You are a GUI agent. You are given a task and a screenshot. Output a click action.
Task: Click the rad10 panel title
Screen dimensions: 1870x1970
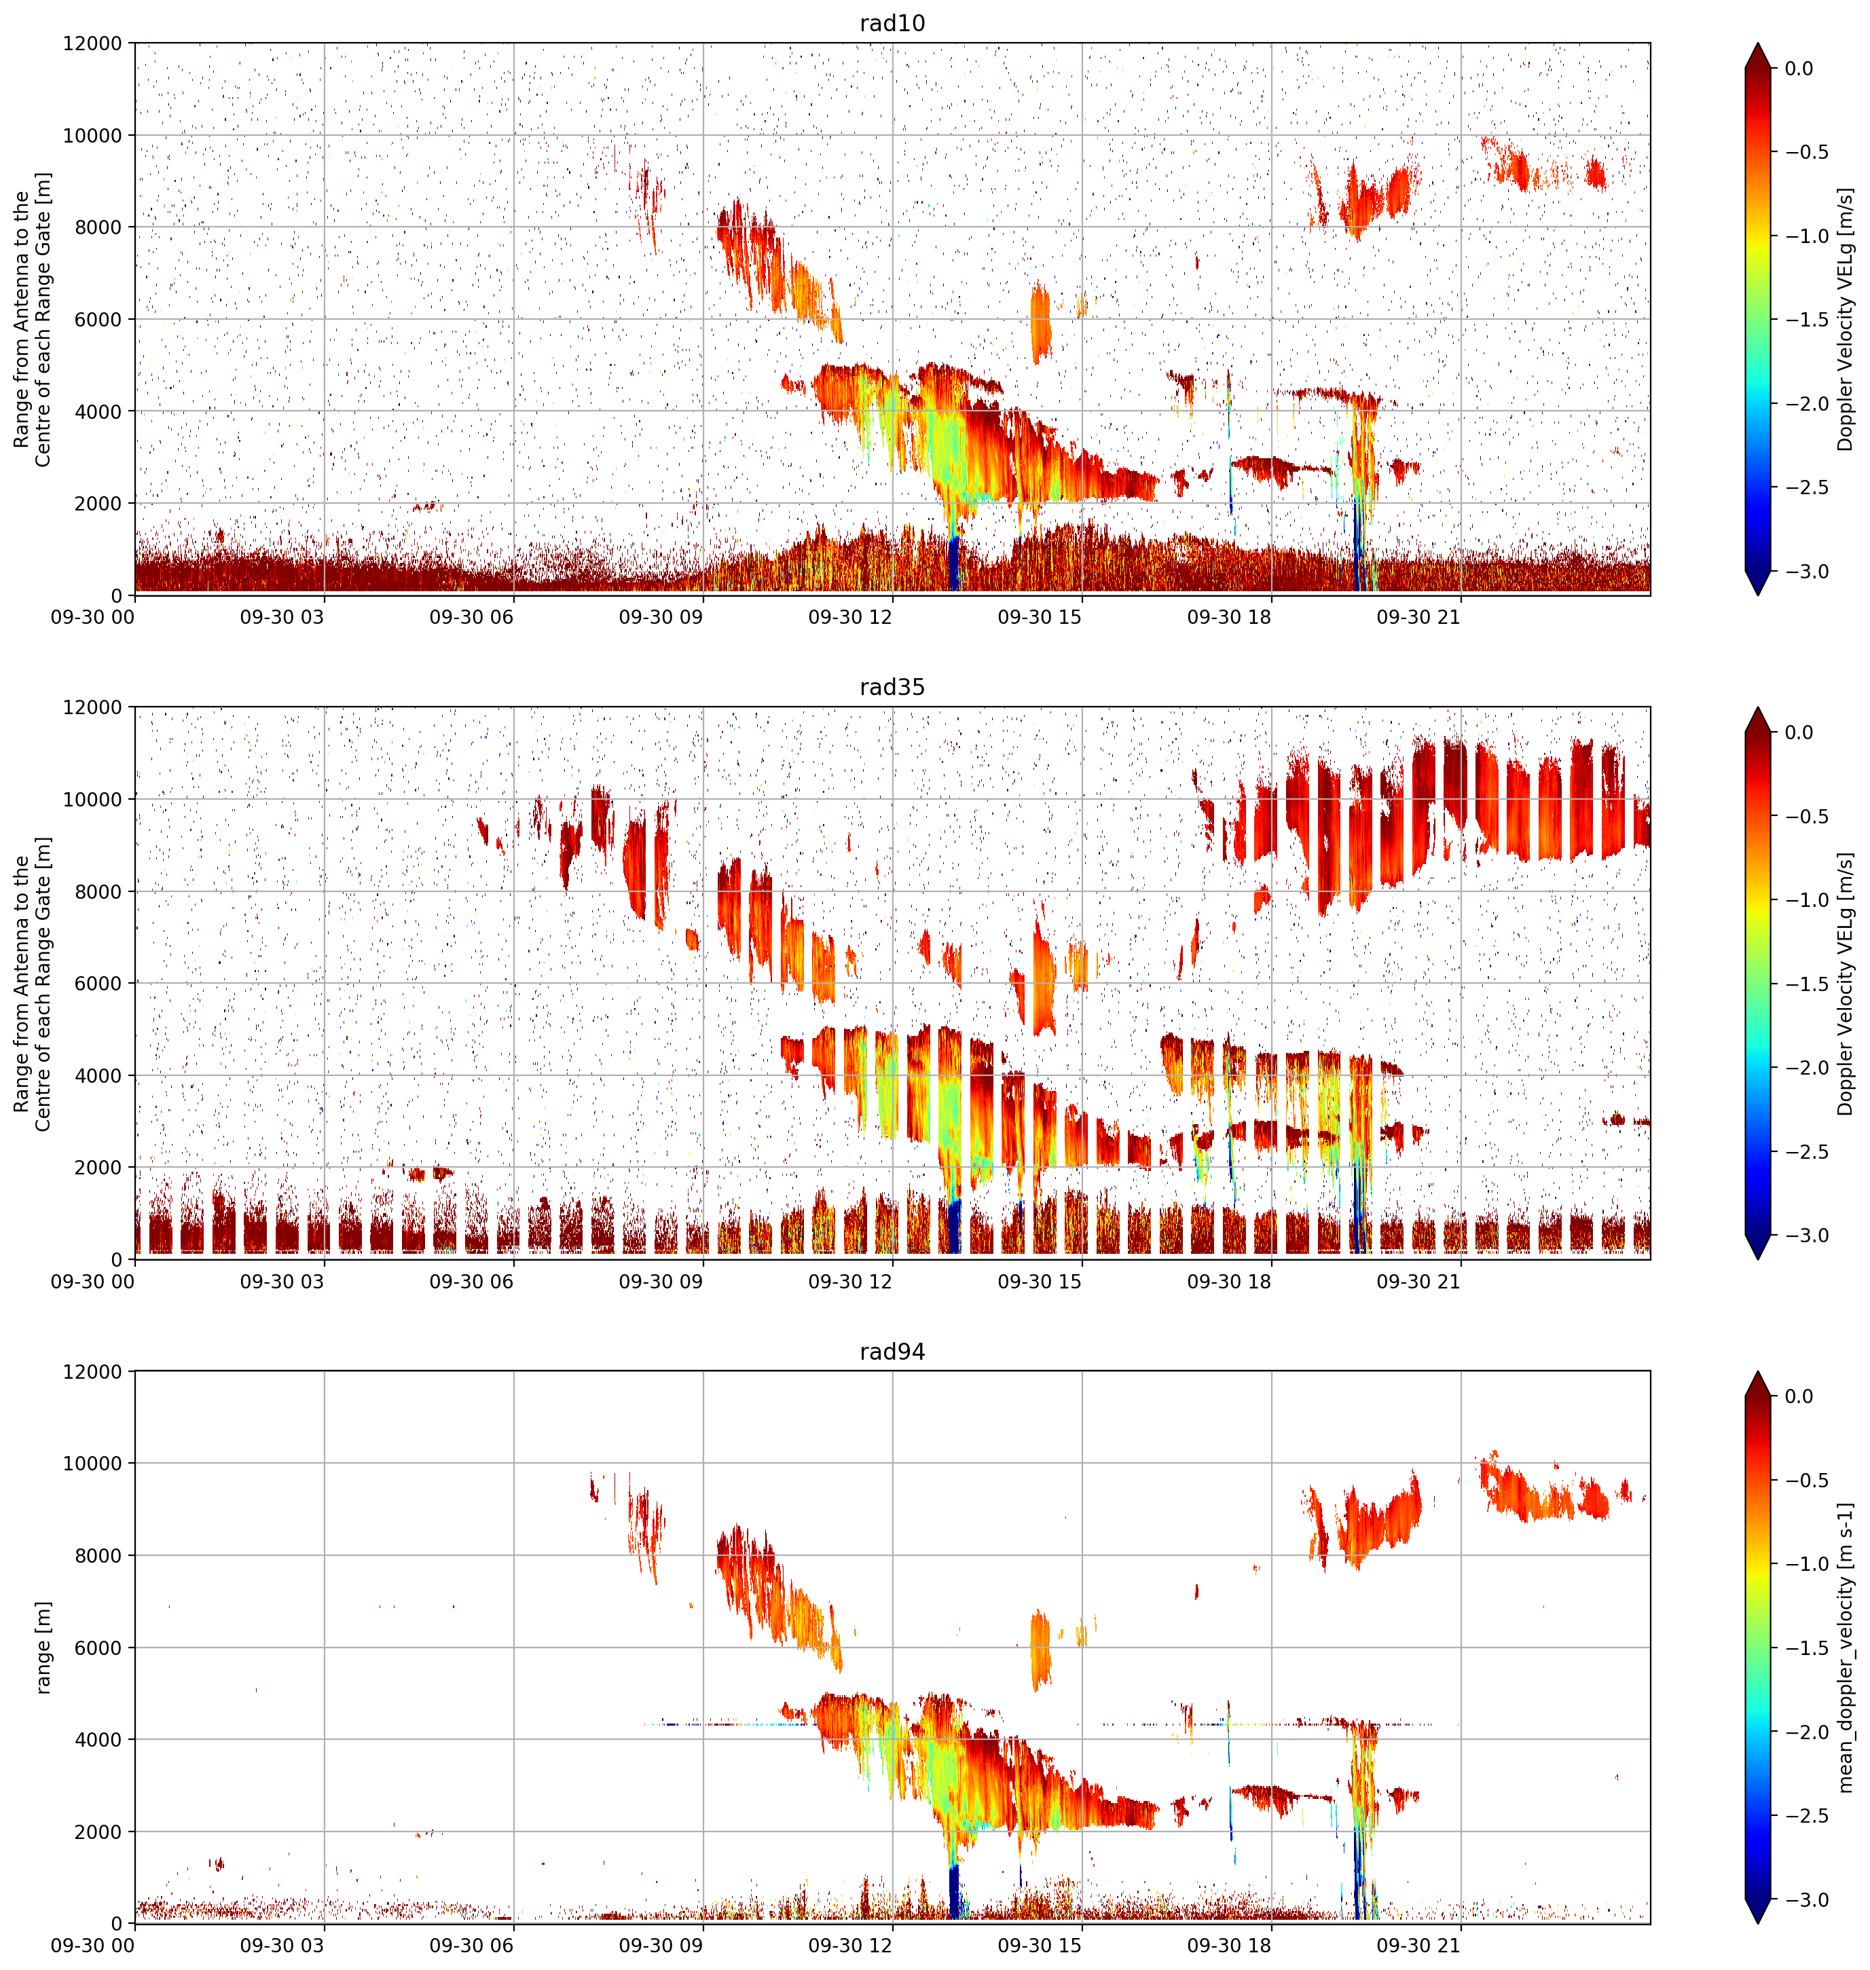tap(892, 23)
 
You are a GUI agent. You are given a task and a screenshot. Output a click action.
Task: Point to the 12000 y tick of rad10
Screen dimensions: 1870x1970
tap(93, 44)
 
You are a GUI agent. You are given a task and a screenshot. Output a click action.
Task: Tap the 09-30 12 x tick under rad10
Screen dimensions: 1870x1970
tap(849, 617)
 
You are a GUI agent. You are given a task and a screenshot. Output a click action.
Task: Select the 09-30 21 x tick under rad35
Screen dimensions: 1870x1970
tap(1418, 1282)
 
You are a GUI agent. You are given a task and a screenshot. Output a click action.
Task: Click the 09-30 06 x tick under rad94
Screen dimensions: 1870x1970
tap(471, 1945)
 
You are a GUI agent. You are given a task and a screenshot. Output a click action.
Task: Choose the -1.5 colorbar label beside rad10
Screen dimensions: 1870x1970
tap(1806, 320)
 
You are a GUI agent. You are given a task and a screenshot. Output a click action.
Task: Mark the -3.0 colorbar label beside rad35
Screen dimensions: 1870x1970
tap(1806, 1235)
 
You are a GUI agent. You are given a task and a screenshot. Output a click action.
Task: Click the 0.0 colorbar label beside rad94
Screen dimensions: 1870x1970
tap(1799, 1396)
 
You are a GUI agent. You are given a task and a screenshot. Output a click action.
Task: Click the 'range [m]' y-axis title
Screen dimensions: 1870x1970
tap(43, 1648)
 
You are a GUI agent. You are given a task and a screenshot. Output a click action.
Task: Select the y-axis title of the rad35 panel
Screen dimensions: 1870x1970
tap(32, 984)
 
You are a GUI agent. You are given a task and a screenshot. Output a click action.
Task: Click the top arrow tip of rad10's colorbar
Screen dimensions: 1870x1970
tap(1759, 43)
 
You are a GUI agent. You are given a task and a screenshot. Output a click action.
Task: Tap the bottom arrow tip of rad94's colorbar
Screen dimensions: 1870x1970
tap(1759, 1923)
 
